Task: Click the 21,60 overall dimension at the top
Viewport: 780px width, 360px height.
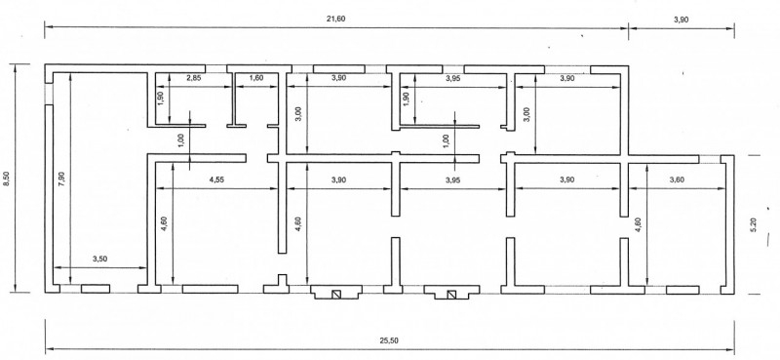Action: tap(336, 19)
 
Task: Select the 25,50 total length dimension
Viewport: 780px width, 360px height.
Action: tap(391, 340)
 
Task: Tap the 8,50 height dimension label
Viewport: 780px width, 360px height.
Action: tap(6, 179)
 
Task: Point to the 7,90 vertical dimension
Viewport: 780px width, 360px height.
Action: tap(61, 179)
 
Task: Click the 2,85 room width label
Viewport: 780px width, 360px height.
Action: tap(194, 78)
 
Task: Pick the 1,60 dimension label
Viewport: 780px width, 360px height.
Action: tap(256, 78)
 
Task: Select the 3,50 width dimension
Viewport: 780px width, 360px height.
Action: tap(100, 259)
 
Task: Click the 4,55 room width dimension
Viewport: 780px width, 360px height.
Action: tap(216, 180)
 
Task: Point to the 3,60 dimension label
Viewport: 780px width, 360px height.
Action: tap(677, 180)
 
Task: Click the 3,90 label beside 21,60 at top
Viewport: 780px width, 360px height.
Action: tap(681, 19)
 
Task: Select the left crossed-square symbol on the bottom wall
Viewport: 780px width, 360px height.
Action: tap(336, 295)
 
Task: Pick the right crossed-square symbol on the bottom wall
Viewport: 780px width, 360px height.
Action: tap(451, 295)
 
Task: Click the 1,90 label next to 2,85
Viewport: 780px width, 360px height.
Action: tap(160, 98)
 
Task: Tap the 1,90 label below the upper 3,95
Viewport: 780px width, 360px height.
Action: tap(405, 98)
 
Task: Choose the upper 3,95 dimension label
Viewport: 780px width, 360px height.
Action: tap(452, 78)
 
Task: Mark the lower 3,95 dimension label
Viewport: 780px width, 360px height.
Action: tap(452, 180)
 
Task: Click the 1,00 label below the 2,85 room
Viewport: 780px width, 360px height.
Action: tap(180, 140)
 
